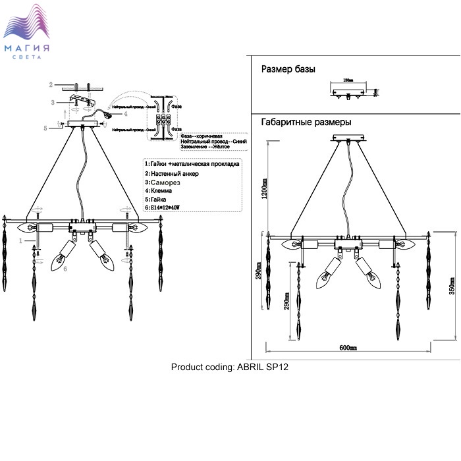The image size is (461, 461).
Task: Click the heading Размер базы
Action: point(288,69)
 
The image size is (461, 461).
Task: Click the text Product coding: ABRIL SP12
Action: point(230,367)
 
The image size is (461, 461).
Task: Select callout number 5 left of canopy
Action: point(45,128)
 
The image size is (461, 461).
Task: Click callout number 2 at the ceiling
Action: point(51,85)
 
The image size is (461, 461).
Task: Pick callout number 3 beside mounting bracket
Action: point(51,102)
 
